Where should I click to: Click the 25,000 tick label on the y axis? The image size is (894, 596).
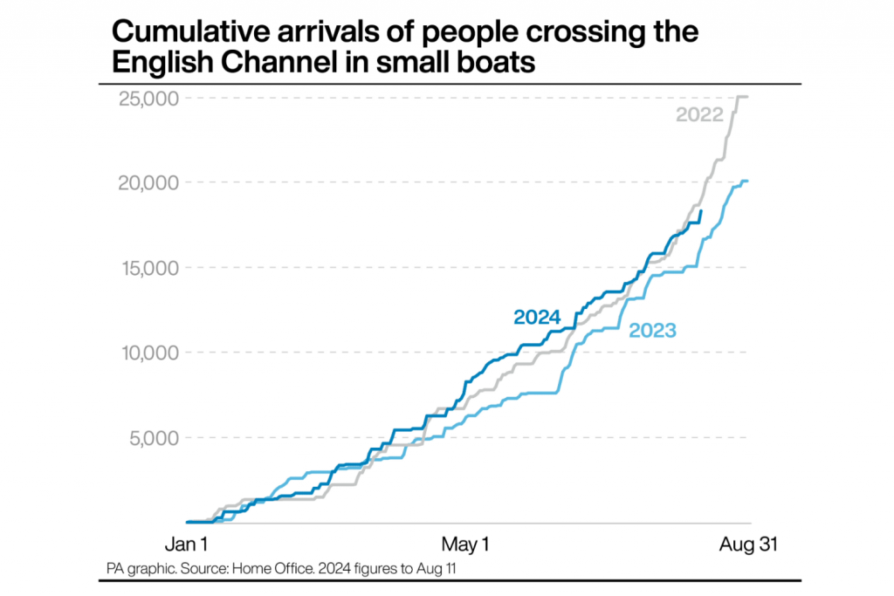(x=148, y=98)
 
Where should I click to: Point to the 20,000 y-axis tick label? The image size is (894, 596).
(x=148, y=182)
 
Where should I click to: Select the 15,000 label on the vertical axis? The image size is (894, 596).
(x=148, y=268)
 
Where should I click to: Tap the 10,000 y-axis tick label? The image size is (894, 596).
(x=148, y=353)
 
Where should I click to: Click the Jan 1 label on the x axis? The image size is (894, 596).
(x=186, y=545)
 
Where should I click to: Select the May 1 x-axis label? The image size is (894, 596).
(x=465, y=545)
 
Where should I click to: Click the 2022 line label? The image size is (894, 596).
(x=699, y=114)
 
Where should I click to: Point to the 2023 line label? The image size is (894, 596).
(x=654, y=330)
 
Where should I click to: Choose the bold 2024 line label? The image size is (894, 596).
(x=536, y=317)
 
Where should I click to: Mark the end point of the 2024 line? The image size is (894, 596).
(x=701, y=210)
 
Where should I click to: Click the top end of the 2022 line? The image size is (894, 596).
(x=747, y=97)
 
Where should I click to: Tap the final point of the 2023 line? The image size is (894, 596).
(x=747, y=182)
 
